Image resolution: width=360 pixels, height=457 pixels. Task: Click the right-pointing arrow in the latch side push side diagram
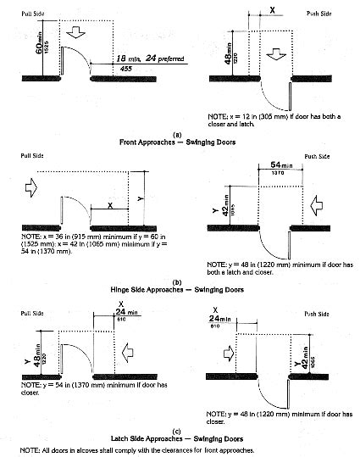click(x=216, y=349)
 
